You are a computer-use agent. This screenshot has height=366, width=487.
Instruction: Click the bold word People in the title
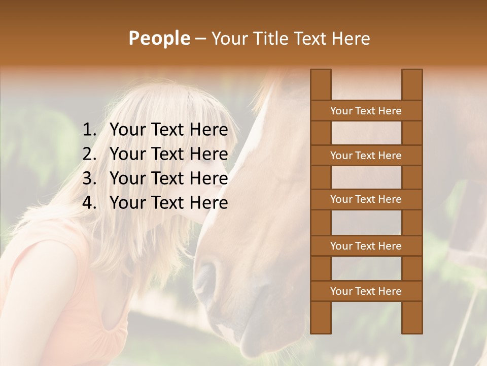coord(159,38)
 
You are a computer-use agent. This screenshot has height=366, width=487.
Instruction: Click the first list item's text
coord(168,130)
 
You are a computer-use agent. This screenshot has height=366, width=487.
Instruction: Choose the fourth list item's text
coord(168,203)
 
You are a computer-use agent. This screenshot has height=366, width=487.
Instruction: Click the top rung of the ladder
coord(366,111)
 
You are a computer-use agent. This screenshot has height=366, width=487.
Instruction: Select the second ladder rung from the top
coord(366,156)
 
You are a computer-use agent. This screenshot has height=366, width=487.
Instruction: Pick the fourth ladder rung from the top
coord(366,246)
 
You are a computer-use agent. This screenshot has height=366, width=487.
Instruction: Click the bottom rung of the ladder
coord(366,291)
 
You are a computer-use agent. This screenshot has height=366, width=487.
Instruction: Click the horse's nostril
coord(206,277)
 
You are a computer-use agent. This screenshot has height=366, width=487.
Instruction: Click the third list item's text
coord(168,178)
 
